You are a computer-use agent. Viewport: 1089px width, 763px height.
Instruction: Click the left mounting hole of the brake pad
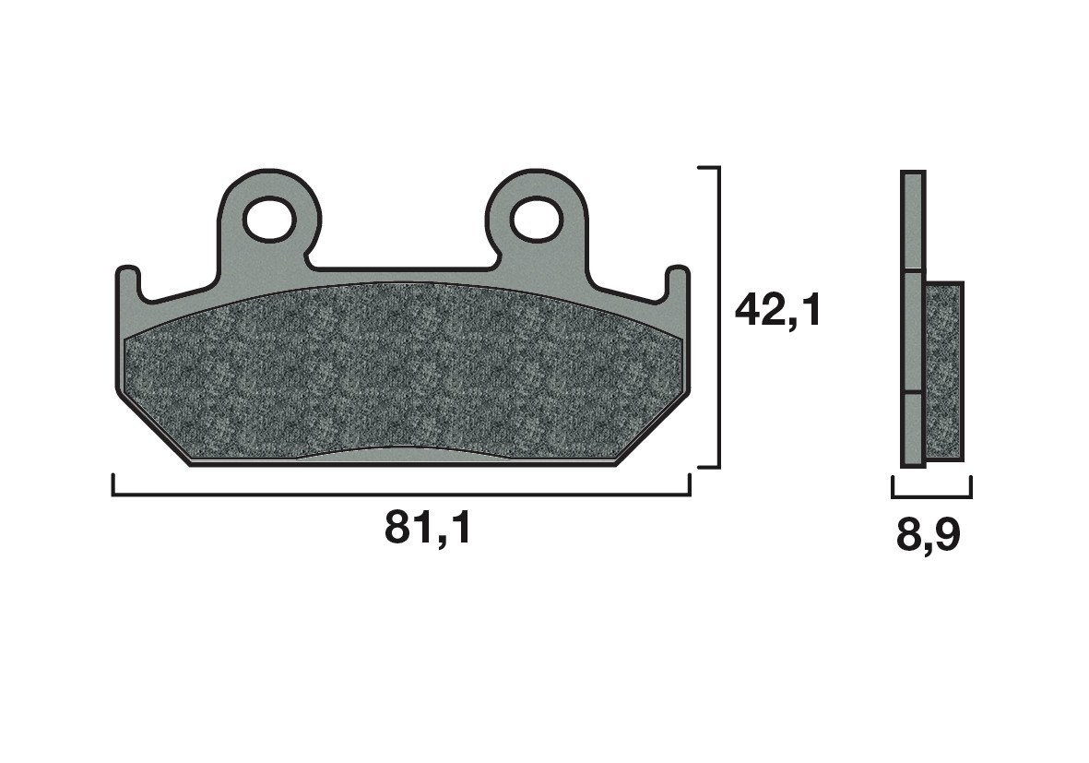click(268, 220)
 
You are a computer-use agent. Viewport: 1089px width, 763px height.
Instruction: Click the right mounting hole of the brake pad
click(537, 219)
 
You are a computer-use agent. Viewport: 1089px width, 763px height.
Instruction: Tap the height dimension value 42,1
click(776, 311)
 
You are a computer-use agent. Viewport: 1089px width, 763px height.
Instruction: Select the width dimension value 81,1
click(428, 528)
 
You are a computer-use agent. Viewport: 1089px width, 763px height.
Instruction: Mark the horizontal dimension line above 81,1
click(401, 495)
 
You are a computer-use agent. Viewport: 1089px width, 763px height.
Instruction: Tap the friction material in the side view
click(943, 372)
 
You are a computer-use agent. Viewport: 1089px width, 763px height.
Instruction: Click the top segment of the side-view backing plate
click(911, 221)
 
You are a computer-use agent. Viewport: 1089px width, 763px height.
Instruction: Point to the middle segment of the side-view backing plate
click(911, 332)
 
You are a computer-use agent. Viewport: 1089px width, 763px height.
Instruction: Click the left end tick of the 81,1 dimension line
click(113, 486)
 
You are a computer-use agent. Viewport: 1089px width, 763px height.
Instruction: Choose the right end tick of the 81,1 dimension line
click(690, 486)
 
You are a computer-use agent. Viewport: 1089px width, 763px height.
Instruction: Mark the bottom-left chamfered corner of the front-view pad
click(152, 429)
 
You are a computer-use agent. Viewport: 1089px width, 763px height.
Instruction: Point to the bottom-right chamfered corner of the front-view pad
click(653, 429)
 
